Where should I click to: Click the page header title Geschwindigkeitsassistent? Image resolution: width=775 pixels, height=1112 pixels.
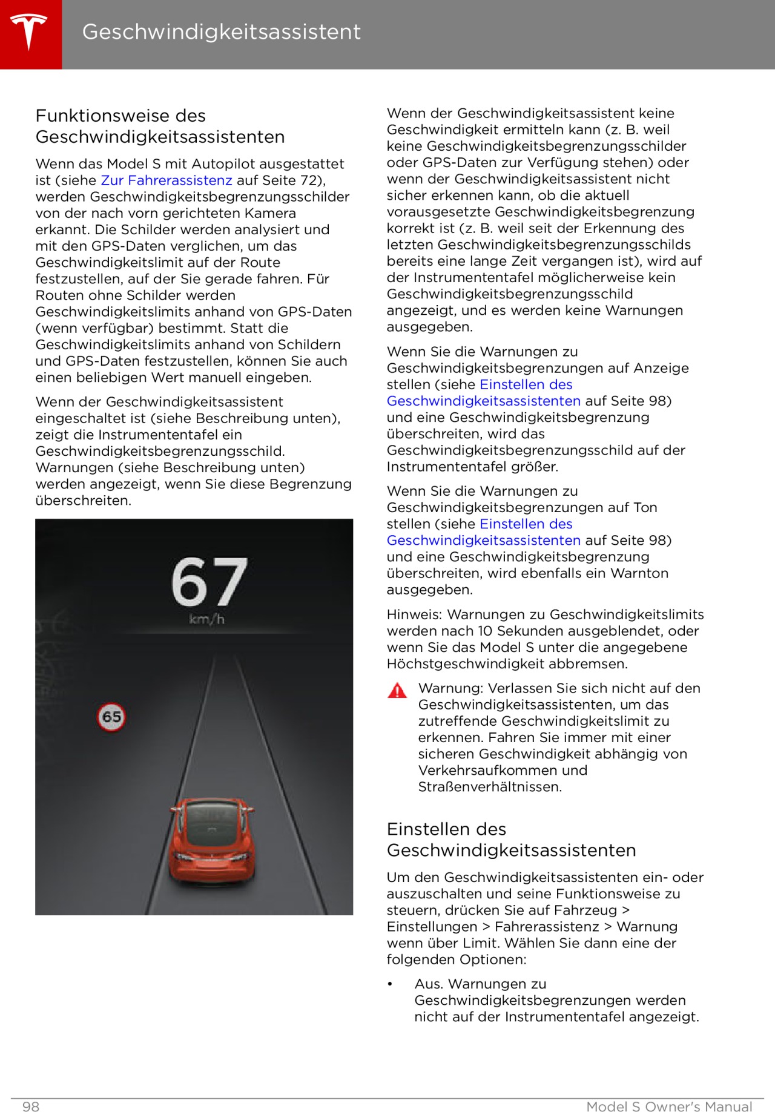click(x=221, y=31)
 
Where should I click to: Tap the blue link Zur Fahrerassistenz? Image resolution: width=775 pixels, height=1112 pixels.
click(x=167, y=180)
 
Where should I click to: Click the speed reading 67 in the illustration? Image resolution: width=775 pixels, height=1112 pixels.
click(x=209, y=582)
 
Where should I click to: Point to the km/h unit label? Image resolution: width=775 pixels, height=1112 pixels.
click(x=206, y=619)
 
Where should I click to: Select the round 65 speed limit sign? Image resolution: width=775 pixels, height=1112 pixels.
click(x=111, y=717)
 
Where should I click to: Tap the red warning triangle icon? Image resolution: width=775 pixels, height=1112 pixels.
click(x=397, y=691)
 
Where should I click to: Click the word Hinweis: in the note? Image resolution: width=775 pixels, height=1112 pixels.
click(x=415, y=614)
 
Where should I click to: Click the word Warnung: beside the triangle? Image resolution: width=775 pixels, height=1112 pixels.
click(x=451, y=688)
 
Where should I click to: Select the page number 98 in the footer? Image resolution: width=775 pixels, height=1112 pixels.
click(x=31, y=1107)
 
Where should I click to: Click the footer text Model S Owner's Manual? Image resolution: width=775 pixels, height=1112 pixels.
click(x=669, y=1107)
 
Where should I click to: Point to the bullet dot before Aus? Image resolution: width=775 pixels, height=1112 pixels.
click(x=391, y=984)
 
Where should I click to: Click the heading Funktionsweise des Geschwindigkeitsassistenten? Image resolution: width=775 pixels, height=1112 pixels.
click(x=160, y=126)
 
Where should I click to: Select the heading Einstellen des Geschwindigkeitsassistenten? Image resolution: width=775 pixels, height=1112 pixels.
click(x=511, y=840)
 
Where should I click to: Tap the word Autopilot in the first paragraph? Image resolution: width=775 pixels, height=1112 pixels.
click(x=263, y=164)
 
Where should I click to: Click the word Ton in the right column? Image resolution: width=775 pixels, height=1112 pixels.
click(x=645, y=507)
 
